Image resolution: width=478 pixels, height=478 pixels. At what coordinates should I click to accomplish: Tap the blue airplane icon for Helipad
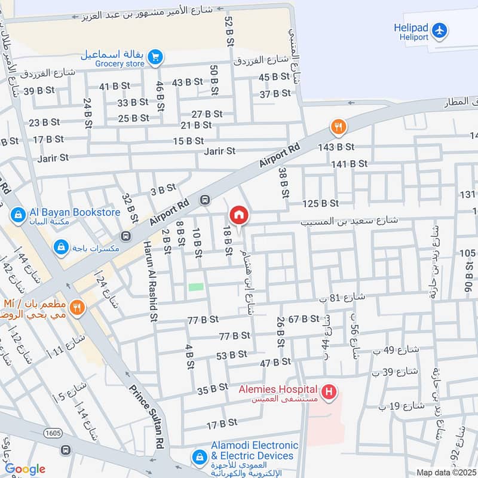[x=439, y=29]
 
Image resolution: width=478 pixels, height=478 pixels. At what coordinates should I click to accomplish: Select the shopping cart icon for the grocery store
[x=155, y=57]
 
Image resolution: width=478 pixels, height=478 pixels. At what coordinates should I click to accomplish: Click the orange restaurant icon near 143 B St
[x=339, y=126]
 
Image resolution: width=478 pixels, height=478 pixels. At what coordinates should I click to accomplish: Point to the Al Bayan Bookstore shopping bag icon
[x=18, y=213]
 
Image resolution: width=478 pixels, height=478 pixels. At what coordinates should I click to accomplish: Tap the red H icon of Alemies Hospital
[x=328, y=393]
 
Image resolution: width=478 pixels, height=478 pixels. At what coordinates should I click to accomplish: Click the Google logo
[x=25, y=469]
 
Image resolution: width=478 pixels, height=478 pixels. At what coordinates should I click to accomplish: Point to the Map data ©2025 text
[x=445, y=472]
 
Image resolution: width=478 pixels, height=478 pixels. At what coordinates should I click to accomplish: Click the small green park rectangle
[x=196, y=287]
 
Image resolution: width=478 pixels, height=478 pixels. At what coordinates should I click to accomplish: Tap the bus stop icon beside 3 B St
[x=205, y=200]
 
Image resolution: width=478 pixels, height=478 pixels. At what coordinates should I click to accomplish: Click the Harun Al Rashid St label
[x=149, y=281]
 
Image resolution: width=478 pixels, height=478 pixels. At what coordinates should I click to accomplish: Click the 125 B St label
[x=320, y=204]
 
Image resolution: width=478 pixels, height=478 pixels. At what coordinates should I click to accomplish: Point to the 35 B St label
[x=213, y=388]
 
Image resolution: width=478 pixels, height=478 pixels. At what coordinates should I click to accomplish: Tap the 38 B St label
[x=283, y=182]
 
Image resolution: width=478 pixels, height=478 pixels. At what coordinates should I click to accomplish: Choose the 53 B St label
[x=231, y=355]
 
